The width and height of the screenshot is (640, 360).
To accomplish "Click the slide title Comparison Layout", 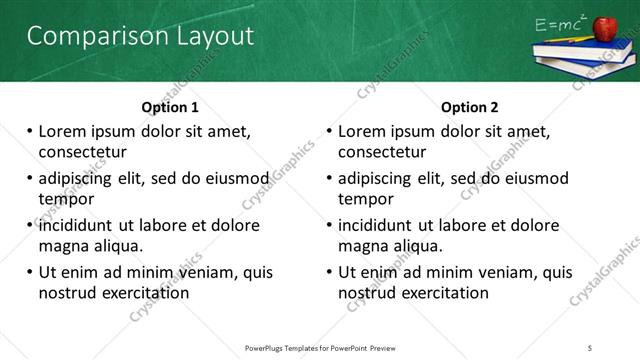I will [140, 36].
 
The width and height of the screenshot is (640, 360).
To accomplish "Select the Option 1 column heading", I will [170, 107].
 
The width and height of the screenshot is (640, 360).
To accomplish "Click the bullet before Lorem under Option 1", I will [29, 131].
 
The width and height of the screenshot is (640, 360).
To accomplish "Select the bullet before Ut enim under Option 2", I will [329, 272].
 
